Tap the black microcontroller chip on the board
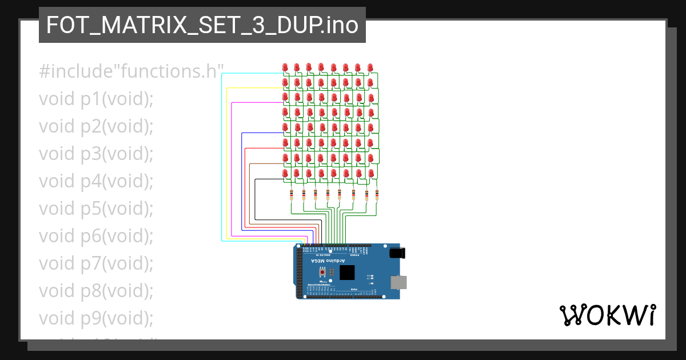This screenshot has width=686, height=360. click(x=347, y=273)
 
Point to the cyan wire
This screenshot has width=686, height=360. click(x=222, y=160)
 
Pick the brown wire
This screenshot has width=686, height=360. click(x=250, y=194)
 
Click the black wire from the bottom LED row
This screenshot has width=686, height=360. click(x=255, y=200)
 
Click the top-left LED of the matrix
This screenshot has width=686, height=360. click(x=285, y=67)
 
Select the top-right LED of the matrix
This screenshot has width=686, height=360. click(x=370, y=67)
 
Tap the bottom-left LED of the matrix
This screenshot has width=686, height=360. click(x=285, y=172)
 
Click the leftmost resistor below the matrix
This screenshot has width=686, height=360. click(x=292, y=194)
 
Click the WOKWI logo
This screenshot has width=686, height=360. click(x=607, y=315)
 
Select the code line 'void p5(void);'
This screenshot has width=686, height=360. click(x=96, y=208)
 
